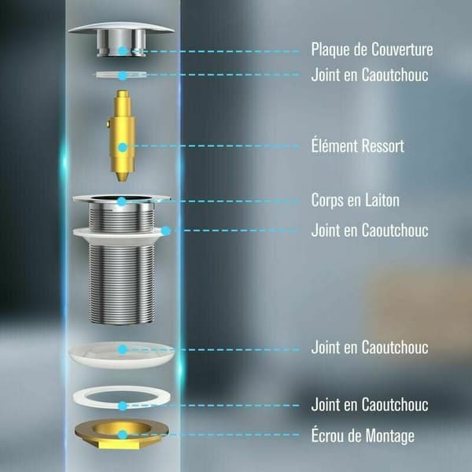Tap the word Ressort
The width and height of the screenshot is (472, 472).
[x=382, y=146]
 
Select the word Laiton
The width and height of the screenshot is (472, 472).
[x=382, y=200]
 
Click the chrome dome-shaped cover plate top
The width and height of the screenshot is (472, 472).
[x=121, y=39]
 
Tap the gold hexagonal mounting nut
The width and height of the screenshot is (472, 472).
[x=122, y=433]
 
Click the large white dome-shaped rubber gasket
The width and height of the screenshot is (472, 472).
[x=122, y=355]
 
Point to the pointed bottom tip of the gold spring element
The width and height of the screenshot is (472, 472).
[x=122, y=181]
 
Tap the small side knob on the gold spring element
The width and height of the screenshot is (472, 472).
[x=108, y=124]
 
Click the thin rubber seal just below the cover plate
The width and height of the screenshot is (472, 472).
[x=121, y=75]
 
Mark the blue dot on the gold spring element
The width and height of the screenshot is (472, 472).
[x=123, y=147]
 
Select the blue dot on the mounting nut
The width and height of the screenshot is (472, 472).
[x=122, y=435]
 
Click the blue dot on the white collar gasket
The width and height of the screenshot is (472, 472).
[x=165, y=230]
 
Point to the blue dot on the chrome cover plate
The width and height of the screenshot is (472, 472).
[x=123, y=50]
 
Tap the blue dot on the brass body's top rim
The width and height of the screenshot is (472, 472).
[x=122, y=201]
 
